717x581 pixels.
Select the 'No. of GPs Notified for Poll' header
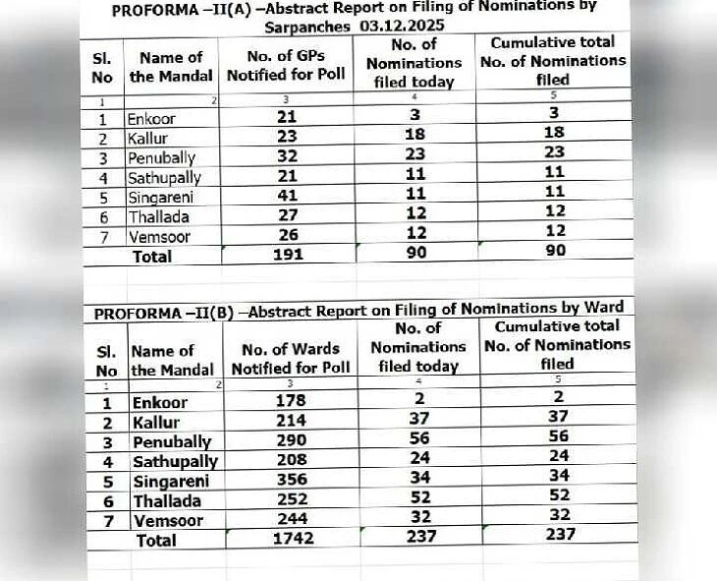tap(288, 67)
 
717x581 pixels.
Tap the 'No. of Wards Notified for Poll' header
tap(291, 359)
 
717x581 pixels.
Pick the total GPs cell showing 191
tap(288, 256)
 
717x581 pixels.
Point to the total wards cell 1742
tap(292, 539)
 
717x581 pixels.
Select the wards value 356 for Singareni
tap(291, 481)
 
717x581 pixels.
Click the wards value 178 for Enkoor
tap(291, 401)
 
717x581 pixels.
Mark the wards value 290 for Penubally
tap(291, 441)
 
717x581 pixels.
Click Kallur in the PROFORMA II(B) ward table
tap(156, 422)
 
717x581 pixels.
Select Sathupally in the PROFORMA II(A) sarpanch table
tap(164, 178)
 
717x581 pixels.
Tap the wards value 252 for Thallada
tap(291, 500)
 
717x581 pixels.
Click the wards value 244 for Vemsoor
tap(291, 520)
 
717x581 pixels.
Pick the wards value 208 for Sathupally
tap(291, 461)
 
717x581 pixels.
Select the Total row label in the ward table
tap(156, 540)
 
